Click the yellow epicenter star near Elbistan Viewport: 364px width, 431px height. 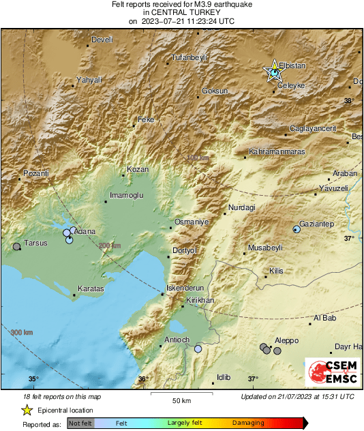[x=274, y=70]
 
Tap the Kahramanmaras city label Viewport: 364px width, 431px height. [x=277, y=151]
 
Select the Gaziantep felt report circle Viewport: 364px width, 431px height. [x=296, y=229]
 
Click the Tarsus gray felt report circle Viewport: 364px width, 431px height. [x=17, y=246]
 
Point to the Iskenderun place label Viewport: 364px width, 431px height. [x=185, y=288]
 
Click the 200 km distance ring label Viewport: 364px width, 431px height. [x=109, y=246]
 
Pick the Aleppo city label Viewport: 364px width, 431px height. [x=286, y=340]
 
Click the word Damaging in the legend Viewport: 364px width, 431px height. [x=248, y=423]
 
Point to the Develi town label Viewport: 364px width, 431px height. [x=101, y=40]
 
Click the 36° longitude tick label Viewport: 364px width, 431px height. [x=142, y=378]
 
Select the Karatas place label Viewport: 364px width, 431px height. [x=90, y=289]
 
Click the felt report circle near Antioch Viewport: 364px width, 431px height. [x=198, y=348]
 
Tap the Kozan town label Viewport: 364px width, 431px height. [x=138, y=169]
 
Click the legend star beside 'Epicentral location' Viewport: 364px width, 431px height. [x=27, y=410]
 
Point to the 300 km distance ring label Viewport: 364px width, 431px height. [x=22, y=332]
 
